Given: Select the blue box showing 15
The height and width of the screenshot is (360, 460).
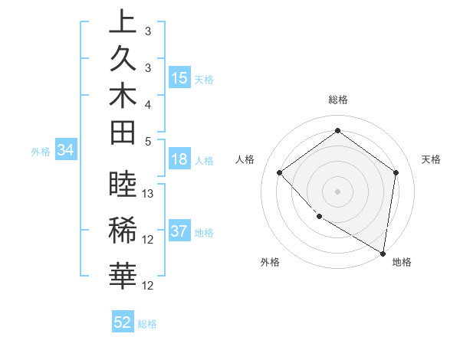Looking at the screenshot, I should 179,78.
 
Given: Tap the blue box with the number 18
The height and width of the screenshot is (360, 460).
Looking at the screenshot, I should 179,160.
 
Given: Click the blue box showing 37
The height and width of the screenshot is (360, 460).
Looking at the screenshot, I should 179,232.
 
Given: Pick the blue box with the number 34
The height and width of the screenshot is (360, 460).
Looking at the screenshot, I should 65,151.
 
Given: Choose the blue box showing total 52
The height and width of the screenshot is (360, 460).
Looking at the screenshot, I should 123,322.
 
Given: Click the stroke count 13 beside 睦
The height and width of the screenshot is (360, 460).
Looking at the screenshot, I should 149,194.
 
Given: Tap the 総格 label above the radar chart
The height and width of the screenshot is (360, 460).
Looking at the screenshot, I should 337,100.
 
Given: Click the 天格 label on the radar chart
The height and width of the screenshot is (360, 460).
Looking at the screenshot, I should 431,159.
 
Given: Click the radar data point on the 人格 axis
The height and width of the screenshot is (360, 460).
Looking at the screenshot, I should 280,172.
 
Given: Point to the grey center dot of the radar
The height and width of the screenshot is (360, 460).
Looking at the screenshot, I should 337,191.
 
